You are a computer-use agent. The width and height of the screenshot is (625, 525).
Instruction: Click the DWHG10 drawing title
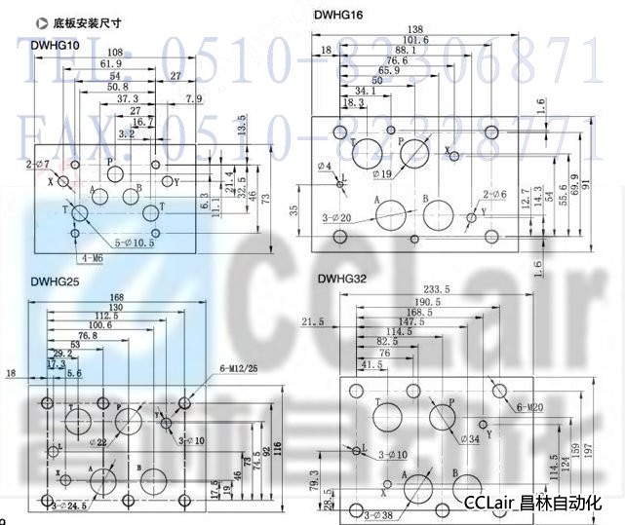tap(55, 44)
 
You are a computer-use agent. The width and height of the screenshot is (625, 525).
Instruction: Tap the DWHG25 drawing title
tap(55, 282)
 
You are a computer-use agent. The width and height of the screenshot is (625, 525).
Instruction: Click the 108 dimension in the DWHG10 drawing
tap(115, 52)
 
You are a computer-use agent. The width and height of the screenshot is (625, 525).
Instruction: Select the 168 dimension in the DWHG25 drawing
tap(117, 298)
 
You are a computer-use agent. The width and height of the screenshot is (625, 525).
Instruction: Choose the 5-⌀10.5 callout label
tap(136, 243)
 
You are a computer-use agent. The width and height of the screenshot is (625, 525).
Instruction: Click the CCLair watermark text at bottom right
tap(533, 504)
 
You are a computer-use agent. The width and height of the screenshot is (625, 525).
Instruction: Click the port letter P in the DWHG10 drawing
tap(110, 162)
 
